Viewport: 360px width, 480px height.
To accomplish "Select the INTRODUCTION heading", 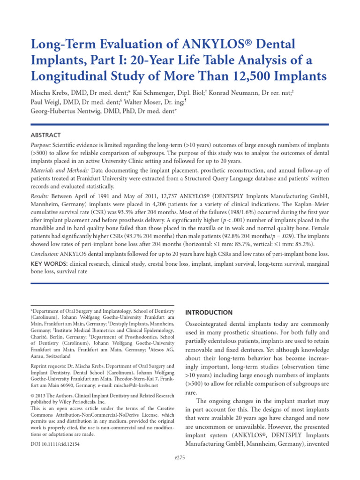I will click(x=209, y=312).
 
